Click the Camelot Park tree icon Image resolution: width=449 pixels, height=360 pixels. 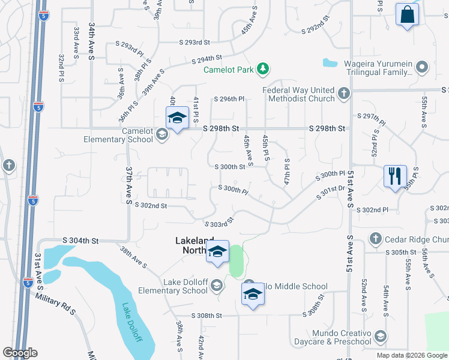[x=262, y=70]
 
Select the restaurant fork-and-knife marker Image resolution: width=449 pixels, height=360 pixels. [x=394, y=176]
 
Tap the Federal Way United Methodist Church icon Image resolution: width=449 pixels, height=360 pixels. [x=343, y=94]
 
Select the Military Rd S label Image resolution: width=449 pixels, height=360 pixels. [x=55, y=304]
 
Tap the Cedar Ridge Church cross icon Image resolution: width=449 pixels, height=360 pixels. [x=375, y=238]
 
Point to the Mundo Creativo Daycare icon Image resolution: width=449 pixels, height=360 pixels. [x=379, y=337]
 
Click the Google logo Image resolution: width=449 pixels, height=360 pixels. [x=20, y=353]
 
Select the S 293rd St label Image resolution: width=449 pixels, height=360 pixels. [x=194, y=43]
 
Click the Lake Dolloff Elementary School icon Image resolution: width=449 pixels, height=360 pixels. [x=215, y=286]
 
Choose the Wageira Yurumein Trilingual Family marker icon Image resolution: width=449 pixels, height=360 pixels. [x=422, y=67]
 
